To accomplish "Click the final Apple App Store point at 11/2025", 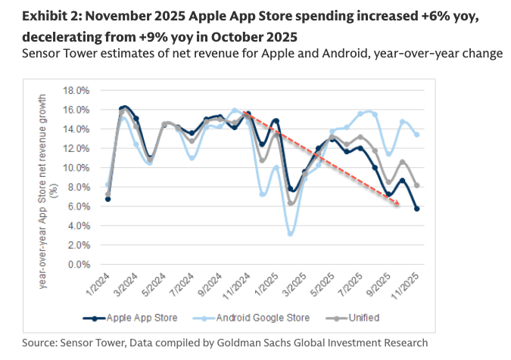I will (x=417, y=209).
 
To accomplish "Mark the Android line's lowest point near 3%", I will (x=291, y=234).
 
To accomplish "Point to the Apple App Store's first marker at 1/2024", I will (x=108, y=199).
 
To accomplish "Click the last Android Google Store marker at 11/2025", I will (x=417, y=135).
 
